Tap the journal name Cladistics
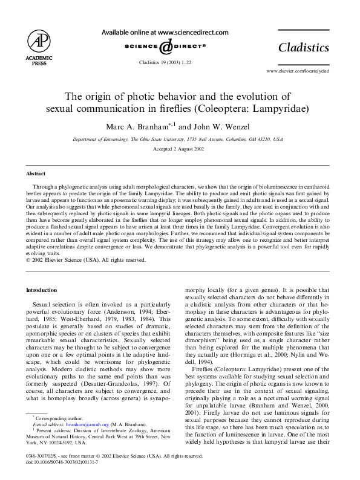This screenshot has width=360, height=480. coord(303,48)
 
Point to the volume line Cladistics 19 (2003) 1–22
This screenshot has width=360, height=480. coord(165,62)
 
